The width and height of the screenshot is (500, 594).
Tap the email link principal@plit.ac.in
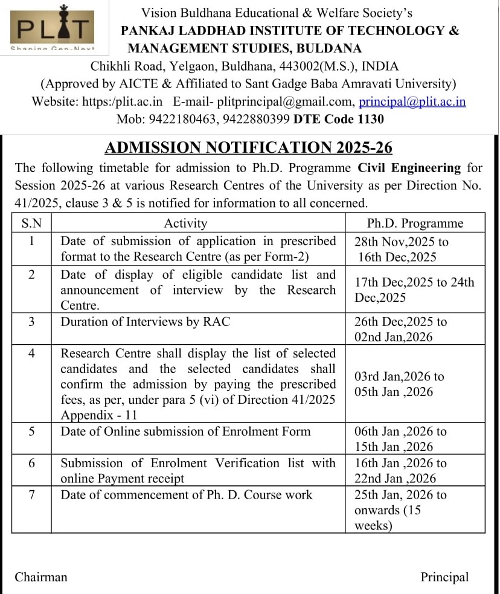[x=412, y=101]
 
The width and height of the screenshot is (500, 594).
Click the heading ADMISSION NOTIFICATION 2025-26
[x=249, y=147]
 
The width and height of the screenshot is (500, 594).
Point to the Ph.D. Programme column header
[x=415, y=223]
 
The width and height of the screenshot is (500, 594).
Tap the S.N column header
[x=31, y=223]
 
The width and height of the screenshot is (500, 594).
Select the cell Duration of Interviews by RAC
[x=145, y=322]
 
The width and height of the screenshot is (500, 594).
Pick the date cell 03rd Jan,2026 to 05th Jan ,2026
[x=399, y=384]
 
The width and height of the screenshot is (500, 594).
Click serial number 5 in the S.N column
[x=31, y=432]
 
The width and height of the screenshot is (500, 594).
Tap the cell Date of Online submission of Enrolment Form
[x=185, y=432]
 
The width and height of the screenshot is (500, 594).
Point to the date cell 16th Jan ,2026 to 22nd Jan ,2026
[x=400, y=471]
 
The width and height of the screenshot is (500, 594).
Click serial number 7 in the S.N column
[x=31, y=495]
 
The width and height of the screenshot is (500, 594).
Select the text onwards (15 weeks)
[x=387, y=518]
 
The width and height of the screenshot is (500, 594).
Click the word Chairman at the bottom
[x=41, y=577]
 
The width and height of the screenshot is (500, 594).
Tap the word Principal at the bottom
[x=444, y=577]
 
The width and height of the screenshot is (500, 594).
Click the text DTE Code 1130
[x=339, y=119]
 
